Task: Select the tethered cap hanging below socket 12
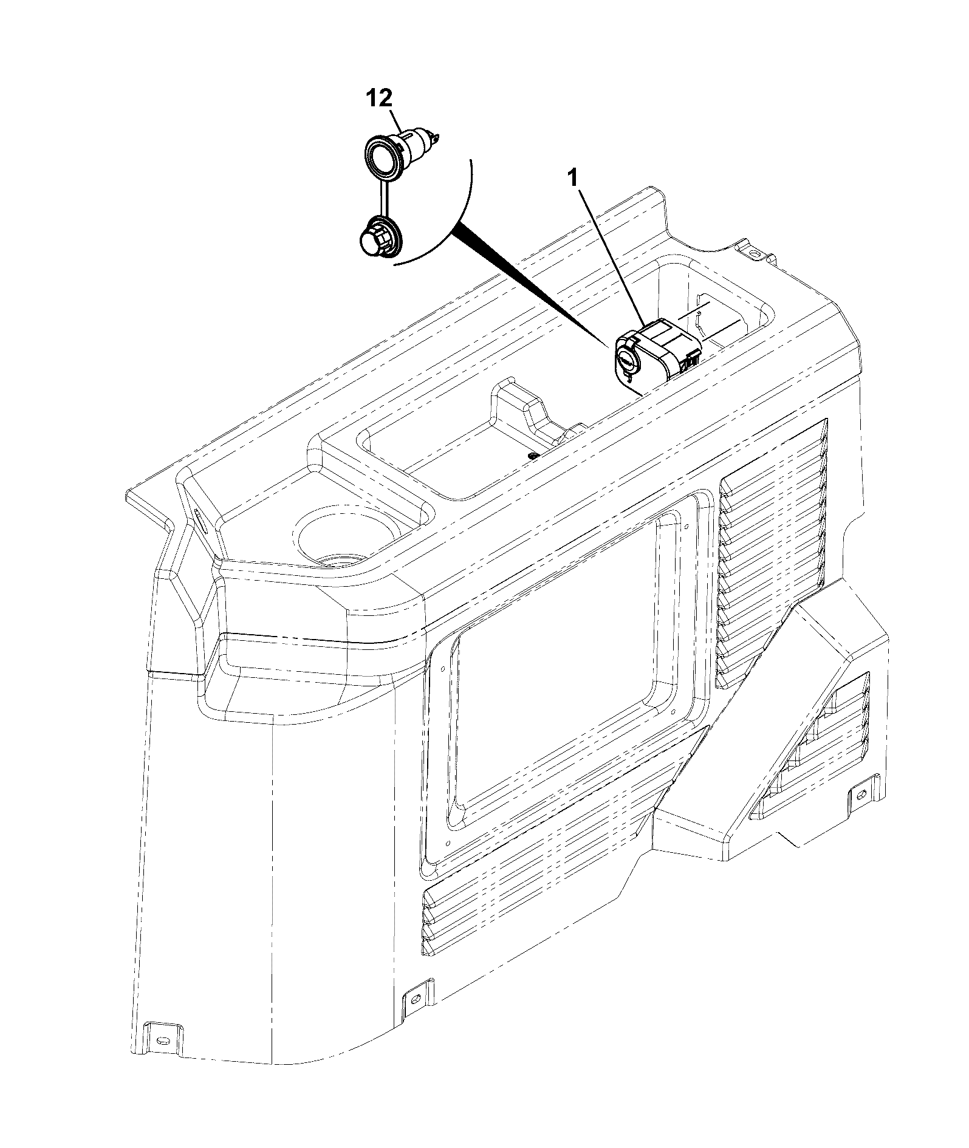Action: click(377, 239)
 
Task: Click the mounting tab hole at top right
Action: click(753, 252)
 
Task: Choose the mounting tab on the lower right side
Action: click(862, 793)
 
